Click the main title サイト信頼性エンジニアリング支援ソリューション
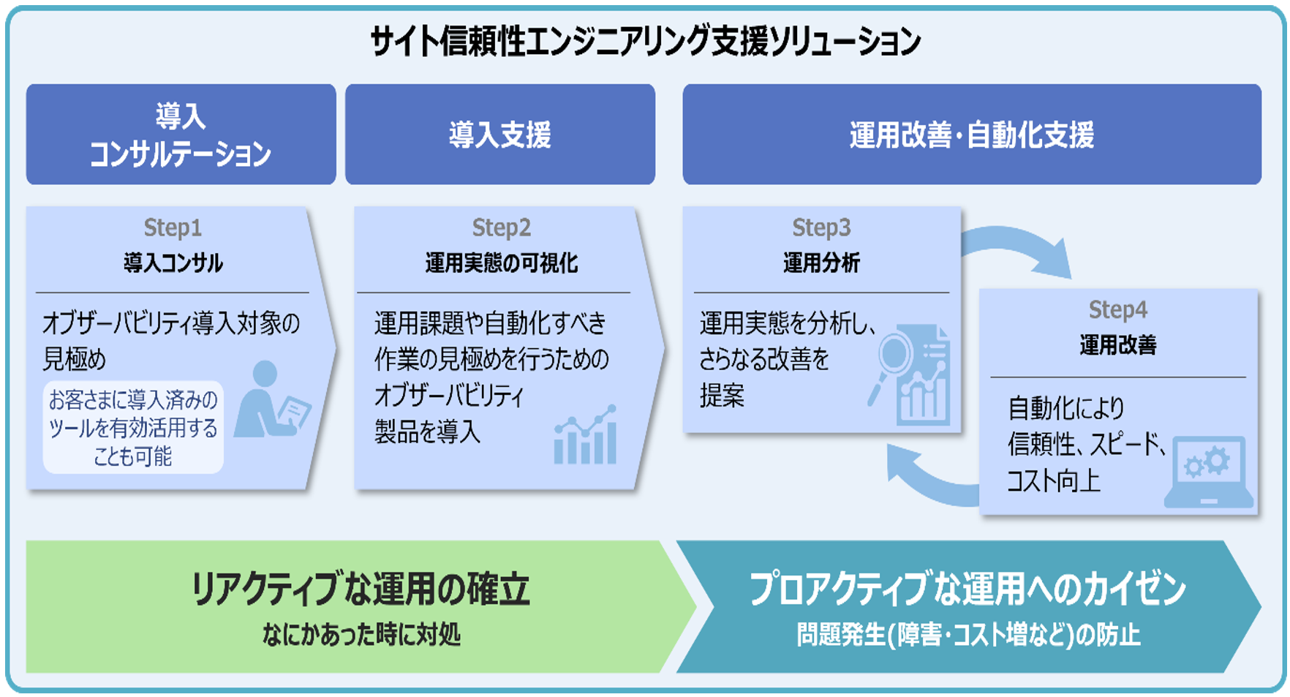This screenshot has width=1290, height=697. tap(645, 41)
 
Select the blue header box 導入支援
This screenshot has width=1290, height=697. tap(499, 135)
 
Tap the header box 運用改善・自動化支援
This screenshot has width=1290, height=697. tap(971, 135)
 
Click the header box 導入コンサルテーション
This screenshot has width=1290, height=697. tap(181, 135)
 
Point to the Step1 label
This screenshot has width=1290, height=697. tap(173, 227)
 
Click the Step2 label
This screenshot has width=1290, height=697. tap(501, 227)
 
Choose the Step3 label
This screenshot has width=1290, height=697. tap(821, 227)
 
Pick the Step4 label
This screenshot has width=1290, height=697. tap(1117, 309)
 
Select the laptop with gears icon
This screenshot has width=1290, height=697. tap(1208, 472)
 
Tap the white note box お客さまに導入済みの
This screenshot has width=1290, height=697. tap(133, 427)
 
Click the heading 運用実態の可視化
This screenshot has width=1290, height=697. tap(501, 263)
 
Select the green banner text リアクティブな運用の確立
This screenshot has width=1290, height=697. tap(360, 589)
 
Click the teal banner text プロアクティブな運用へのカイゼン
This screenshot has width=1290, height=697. tap(967, 589)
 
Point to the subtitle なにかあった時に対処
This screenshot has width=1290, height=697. tap(361, 634)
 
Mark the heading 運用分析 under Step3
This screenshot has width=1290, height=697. tap(821, 263)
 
